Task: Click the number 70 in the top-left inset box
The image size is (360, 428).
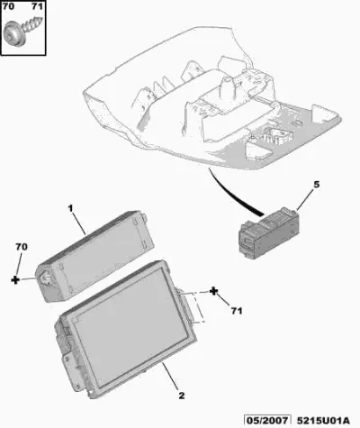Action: pyautogui.click(x=8, y=6)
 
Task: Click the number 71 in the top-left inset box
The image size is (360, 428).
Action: pyautogui.click(x=37, y=6)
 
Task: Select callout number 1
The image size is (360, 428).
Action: pyautogui.click(x=70, y=208)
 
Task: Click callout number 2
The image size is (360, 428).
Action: pyautogui.click(x=182, y=396)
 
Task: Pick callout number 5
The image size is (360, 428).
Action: pyautogui.click(x=317, y=185)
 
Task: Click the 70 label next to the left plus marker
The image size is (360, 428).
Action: pyautogui.click(x=22, y=247)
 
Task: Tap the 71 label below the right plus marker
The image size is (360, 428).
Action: pyautogui.click(x=237, y=311)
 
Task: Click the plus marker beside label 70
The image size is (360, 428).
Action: pyautogui.click(x=15, y=280)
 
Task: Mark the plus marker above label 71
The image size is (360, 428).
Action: pyautogui.click(x=213, y=291)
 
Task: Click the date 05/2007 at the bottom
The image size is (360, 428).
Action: pyautogui.click(x=267, y=420)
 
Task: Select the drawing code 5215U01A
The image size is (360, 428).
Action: pyautogui.click(x=323, y=420)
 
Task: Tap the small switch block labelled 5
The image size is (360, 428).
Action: pyautogui.click(x=269, y=232)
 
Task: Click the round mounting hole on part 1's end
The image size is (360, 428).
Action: pyautogui.click(x=47, y=277)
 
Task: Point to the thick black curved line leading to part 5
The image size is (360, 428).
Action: pyautogui.click(x=231, y=196)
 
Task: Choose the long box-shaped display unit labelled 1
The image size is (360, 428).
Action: pyautogui.click(x=96, y=256)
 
